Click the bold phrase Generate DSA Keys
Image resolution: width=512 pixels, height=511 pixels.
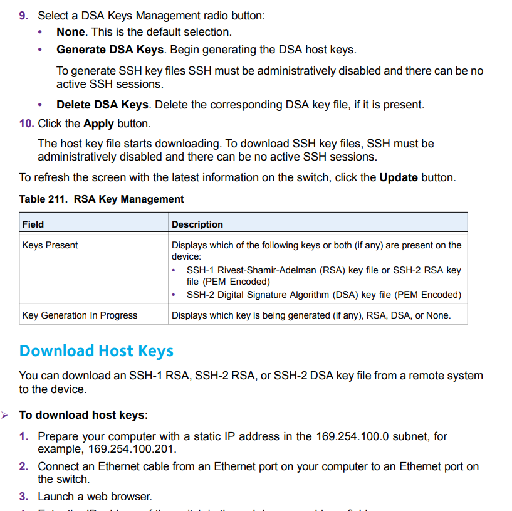pos(110,50)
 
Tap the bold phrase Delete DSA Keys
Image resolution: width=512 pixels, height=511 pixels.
pos(102,105)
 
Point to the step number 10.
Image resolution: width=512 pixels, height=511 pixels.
pos(26,124)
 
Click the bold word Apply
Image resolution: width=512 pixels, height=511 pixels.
pos(98,124)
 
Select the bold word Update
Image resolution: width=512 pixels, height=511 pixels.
pos(399,177)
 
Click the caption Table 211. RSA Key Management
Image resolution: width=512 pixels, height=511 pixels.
pos(102,199)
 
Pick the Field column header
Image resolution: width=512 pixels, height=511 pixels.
pos(33,224)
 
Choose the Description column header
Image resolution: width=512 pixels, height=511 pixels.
pos(197,224)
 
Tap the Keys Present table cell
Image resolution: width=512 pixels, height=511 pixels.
pos(50,245)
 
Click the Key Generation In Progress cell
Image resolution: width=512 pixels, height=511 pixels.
pos(80,315)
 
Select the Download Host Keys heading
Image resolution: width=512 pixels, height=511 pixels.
pos(97,351)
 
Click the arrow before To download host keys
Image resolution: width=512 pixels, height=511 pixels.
pos(5,415)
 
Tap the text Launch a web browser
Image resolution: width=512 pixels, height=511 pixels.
pos(95,497)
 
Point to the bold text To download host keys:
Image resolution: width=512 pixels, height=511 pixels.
pos(83,415)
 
